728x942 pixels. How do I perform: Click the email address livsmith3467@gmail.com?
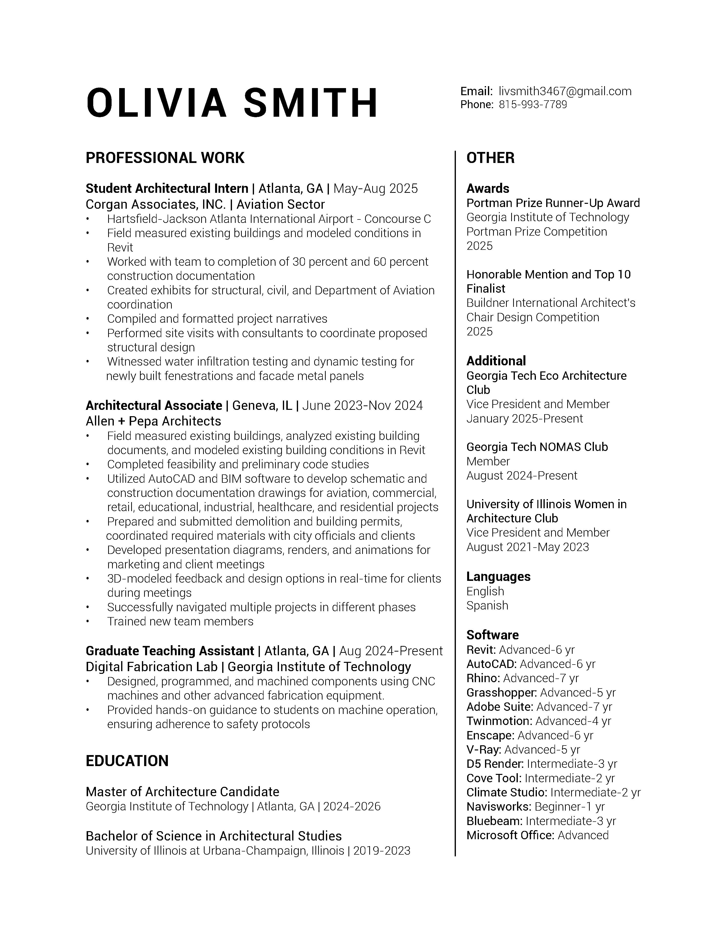[x=565, y=92]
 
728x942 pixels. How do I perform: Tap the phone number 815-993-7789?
[x=533, y=105]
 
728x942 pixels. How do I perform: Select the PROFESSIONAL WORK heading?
[x=165, y=158]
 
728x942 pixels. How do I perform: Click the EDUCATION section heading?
[x=127, y=761]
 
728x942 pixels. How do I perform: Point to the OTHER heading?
[x=490, y=158]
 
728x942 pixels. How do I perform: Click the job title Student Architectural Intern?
[x=167, y=188]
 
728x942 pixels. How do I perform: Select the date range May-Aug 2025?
[x=376, y=188]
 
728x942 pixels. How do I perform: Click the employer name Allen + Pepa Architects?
[x=153, y=421]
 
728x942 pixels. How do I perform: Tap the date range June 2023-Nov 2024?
[x=363, y=405]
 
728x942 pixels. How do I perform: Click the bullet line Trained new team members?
[x=180, y=621]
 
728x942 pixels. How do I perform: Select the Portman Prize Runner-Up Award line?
[x=553, y=203]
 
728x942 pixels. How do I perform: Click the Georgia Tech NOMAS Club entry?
[x=537, y=447]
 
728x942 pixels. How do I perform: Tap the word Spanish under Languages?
[x=487, y=606]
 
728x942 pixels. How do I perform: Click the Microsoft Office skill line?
[x=537, y=836]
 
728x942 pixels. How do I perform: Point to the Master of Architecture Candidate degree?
[x=183, y=792]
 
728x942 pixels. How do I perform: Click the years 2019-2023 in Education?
[x=382, y=851]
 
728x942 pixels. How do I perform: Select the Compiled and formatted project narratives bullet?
[x=217, y=319]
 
